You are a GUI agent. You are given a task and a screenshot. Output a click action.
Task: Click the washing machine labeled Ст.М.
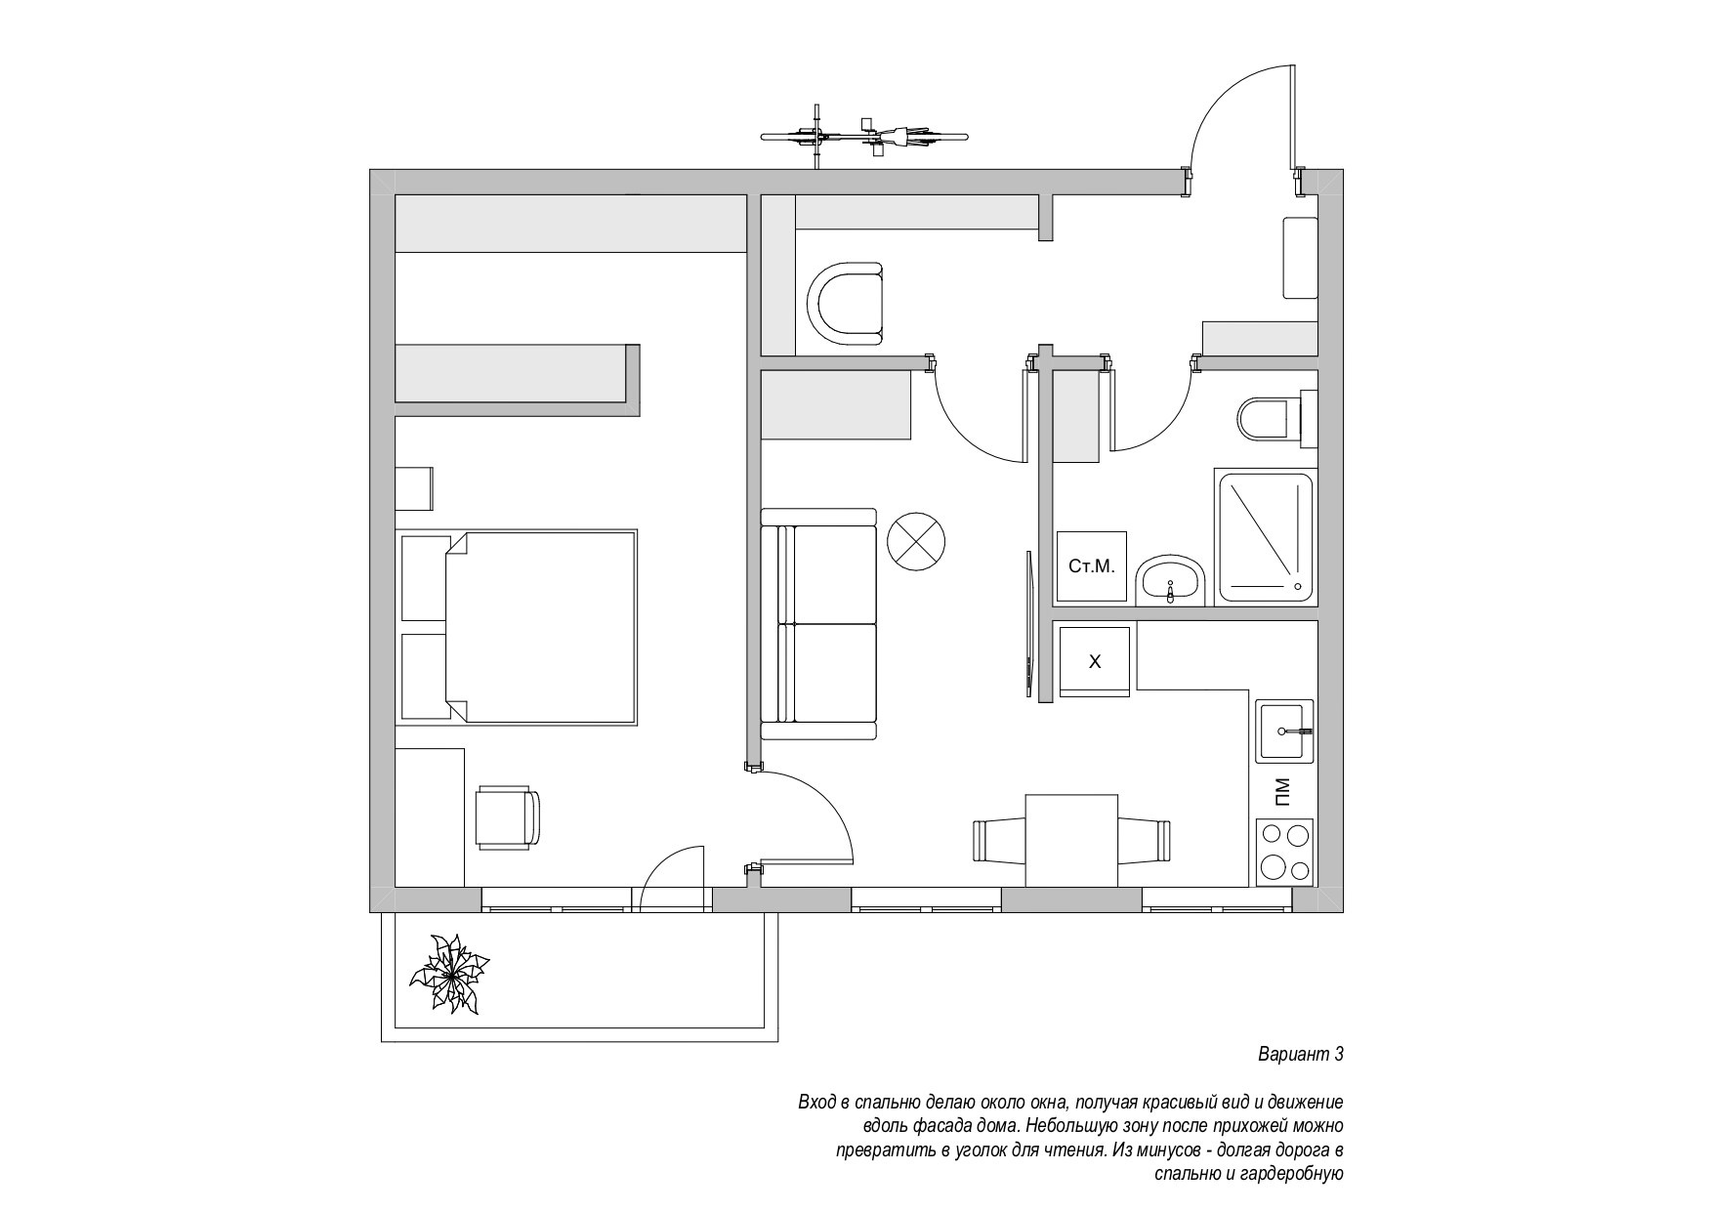tap(1092, 566)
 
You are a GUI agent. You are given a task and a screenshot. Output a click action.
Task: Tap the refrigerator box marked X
tap(1095, 661)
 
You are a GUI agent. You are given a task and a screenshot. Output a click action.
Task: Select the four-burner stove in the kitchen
tap(1285, 852)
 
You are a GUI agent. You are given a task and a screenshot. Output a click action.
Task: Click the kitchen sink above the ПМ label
tap(1285, 731)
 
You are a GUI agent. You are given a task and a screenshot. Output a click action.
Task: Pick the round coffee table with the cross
tap(916, 540)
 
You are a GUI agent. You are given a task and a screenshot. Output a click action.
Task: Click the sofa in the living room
tap(818, 624)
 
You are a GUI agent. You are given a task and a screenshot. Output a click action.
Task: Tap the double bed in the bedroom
tap(517, 627)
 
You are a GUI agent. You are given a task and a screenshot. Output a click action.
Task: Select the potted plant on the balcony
tap(449, 973)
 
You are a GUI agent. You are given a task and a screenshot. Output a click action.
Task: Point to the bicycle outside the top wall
tap(864, 136)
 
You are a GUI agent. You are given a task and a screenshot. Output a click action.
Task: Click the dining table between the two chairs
tap(1071, 841)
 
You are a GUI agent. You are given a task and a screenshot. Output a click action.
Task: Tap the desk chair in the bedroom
tap(507, 817)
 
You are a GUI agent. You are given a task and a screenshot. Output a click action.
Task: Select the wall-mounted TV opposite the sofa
tap(1028, 625)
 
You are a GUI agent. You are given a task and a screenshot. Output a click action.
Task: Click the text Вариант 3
tap(1300, 1055)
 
